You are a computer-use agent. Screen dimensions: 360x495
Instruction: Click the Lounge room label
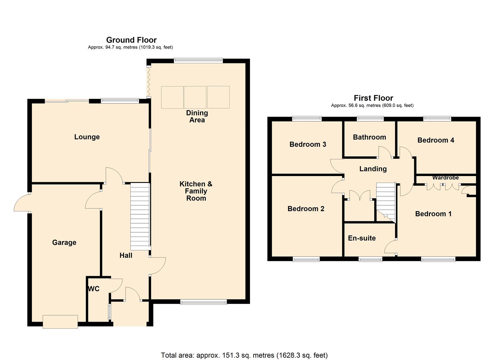(x=87, y=137)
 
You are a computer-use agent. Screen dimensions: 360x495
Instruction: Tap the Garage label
(x=64, y=243)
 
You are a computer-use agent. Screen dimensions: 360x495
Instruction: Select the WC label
(x=94, y=289)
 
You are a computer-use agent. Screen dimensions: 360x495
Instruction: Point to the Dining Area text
(x=197, y=116)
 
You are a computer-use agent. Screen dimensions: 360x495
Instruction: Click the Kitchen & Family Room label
(x=196, y=191)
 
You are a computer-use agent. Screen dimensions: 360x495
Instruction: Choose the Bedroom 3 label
(x=308, y=144)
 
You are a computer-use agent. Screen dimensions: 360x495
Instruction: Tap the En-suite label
(x=362, y=238)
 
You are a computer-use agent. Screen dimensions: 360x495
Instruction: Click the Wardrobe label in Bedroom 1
(x=445, y=178)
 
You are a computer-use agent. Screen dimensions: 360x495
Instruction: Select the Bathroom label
(x=369, y=137)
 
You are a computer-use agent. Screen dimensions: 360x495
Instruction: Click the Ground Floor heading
(x=131, y=40)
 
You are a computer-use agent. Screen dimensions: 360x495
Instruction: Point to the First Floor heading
(x=373, y=98)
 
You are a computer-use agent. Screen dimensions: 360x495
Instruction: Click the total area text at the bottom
(x=244, y=355)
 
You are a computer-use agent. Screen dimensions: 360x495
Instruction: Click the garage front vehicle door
(x=60, y=322)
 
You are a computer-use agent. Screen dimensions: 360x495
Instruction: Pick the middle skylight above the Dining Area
(x=195, y=97)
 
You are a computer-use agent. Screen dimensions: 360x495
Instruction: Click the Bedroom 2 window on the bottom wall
(x=306, y=259)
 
